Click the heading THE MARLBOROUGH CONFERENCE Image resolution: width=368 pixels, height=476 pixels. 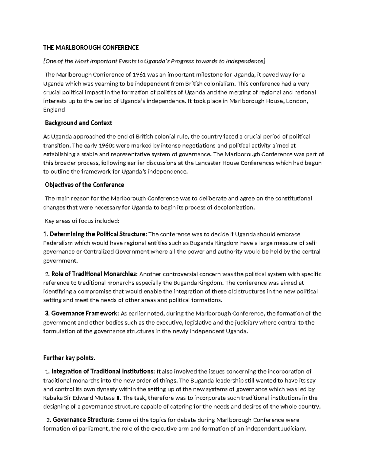click(91, 48)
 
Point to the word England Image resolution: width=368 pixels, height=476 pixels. click(54, 110)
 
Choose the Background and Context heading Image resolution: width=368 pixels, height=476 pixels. click(79, 123)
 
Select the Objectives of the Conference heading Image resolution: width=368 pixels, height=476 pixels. click(84, 185)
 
